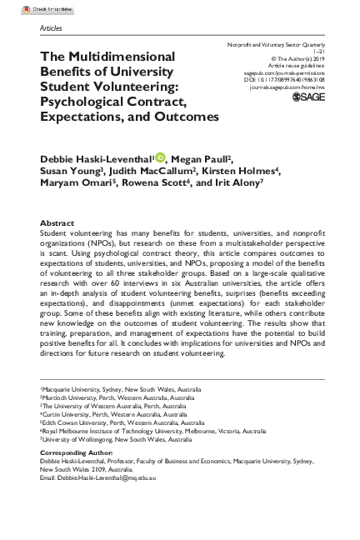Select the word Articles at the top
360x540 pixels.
tap(52, 27)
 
